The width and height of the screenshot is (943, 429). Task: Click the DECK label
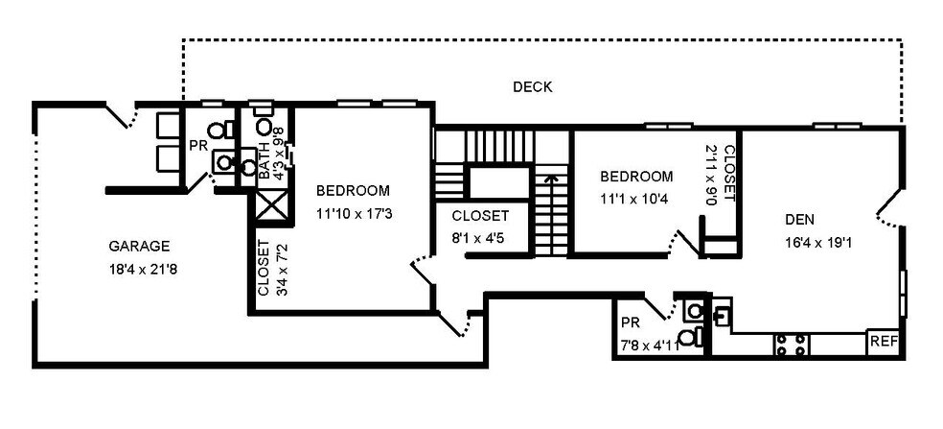click(x=532, y=86)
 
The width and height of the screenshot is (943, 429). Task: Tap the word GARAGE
click(x=139, y=246)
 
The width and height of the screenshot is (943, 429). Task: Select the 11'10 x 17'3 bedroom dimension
click(x=355, y=213)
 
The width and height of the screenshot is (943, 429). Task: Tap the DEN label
click(x=800, y=220)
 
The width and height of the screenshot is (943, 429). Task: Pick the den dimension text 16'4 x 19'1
click(x=819, y=243)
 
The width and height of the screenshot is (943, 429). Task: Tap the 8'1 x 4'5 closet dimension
click(x=477, y=238)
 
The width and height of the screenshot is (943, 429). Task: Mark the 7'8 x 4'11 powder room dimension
click(x=650, y=346)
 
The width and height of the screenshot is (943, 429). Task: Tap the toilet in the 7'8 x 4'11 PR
click(x=691, y=337)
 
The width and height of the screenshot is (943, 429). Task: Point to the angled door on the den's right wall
click(x=889, y=207)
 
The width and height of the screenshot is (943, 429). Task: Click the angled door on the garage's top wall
click(x=122, y=116)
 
